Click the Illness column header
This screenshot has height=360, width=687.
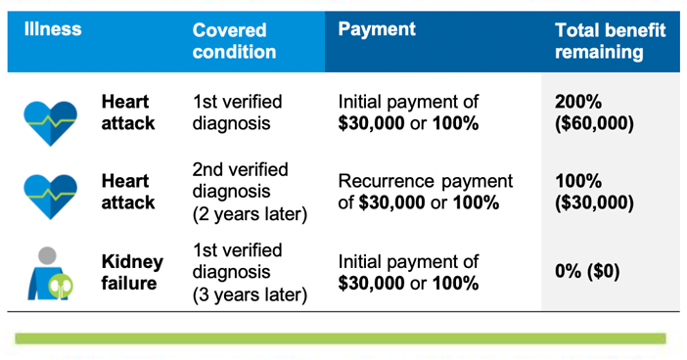pyautogui.click(x=53, y=29)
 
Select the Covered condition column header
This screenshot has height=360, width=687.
pyautogui.click(x=235, y=41)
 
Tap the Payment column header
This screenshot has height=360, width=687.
pyautogui.click(x=377, y=29)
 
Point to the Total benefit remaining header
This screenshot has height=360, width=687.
pyautogui.click(x=611, y=41)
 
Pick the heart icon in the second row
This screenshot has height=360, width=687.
pyautogui.click(x=50, y=197)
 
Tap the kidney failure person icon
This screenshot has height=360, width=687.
pyautogui.click(x=50, y=274)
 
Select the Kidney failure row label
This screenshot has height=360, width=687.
pyautogui.click(x=132, y=272)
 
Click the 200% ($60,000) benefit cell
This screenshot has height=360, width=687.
pyautogui.click(x=594, y=112)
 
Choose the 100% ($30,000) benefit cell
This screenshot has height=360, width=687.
pyautogui.click(x=594, y=192)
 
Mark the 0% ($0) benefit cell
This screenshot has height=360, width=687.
pyautogui.click(x=587, y=271)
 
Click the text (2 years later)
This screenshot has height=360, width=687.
pyautogui.click(x=250, y=214)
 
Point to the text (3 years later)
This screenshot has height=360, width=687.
pyautogui.click(x=250, y=294)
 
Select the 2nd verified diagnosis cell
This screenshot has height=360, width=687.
pyautogui.click(x=250, y=192)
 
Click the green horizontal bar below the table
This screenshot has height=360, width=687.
pyautogui.click(x=341, y=338)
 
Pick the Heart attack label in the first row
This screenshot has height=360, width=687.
pyautogui.click(x=128, y=112)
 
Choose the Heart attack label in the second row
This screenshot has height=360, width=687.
pyautogui.click(x=128, y=192)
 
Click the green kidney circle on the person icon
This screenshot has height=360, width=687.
pyautogui.click(x=61, y=286)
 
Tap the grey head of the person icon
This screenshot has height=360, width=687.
pyautogui.click(x=47, y=255)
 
